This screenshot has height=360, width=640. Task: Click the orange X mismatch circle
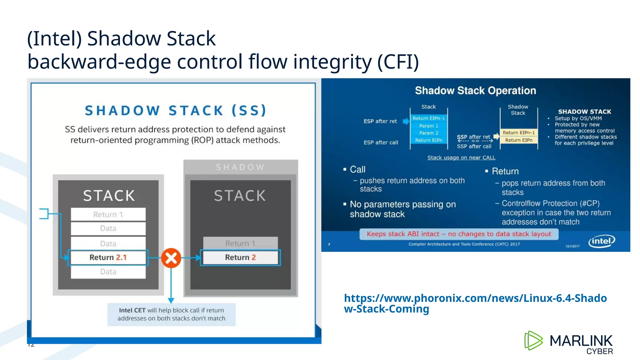point(171,258)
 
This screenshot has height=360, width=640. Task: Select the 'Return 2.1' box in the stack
point(108,257)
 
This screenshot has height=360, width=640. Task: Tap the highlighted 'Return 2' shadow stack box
point(240,257)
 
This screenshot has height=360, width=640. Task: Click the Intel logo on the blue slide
point(602,241)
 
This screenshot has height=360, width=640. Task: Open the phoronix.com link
point(475,303)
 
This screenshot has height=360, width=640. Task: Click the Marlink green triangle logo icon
point(533,340)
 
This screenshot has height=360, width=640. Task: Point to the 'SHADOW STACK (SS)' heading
point(176,111)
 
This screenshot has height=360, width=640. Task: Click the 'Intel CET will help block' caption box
point(171,314)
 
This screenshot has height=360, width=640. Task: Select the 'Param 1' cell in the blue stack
point(428,126)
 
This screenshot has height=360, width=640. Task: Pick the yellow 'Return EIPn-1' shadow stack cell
point(518,133)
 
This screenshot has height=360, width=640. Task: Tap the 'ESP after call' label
point(381,142)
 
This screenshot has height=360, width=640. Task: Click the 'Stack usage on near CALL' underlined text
point(461,157)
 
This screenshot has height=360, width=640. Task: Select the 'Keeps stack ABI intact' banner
point(459,234)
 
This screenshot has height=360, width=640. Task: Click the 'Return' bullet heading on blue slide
point(505,171)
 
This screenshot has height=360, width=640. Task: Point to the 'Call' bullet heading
point(357,169)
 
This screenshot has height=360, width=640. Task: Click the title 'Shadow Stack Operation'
point(475,91)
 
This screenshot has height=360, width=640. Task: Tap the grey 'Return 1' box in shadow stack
point(240,243)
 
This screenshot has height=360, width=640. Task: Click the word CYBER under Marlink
point(599,352)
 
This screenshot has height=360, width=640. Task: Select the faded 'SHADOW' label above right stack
point(240,167)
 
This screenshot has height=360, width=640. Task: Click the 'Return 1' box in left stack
point(108,214)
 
